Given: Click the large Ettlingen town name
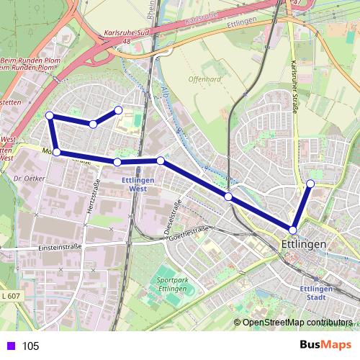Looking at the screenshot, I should pyautogui.click(x=302, y=245).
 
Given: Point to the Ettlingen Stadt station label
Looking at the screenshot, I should pyautogui.click(x=315, y=292).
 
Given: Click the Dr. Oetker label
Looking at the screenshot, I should pyautogui.click(x=30, y=177).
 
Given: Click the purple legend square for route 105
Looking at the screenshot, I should pyautogui.click(x=9, y=346).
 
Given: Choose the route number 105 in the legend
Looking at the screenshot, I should pyautogui.click(x=30, y=346).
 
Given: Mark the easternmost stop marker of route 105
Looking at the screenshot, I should pyautogui.click(x=311, y=184).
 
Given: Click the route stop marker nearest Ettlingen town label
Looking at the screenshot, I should pyautogui.click(x=293, y=230).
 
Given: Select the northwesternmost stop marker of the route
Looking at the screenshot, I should pyautogui.click(x=50, y=115).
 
